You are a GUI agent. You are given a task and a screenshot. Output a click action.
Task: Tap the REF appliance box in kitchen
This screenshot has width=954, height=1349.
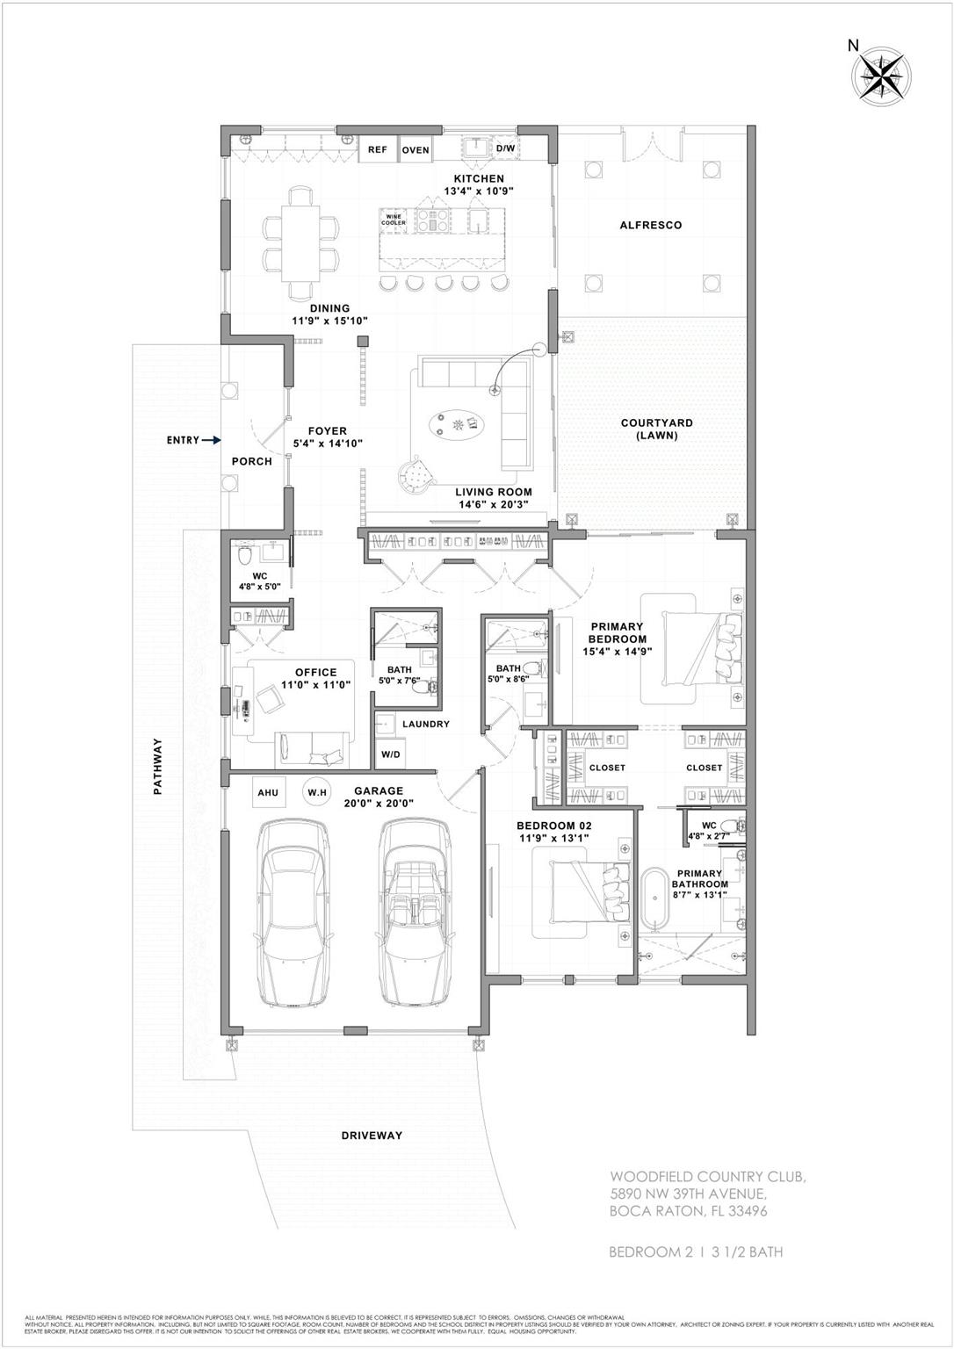click(x=377, y=149)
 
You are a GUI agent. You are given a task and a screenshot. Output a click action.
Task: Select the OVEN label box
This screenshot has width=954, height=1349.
click(x=416, y=150)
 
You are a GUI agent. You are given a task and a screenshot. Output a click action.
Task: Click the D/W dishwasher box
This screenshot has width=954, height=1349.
click(x=506, y=149)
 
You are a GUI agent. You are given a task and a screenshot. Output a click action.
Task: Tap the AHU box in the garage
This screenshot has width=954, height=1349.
click(x=268, y=792)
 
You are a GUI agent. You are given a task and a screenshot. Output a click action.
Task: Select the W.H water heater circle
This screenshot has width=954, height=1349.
click(x=316, y=792)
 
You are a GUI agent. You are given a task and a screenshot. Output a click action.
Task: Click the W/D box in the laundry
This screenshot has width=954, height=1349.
click(x=390, y=754)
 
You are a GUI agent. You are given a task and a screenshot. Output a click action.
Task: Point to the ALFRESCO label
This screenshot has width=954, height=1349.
click(x=650, y=225)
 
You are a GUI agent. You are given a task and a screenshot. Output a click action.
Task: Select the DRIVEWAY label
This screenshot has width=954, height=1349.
click(x=372, y=1135)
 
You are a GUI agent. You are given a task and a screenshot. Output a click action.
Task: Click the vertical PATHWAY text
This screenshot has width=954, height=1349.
click(x=159, y=766)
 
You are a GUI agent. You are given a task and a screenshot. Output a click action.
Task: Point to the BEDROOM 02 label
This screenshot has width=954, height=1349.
click(x=553, y=826)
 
